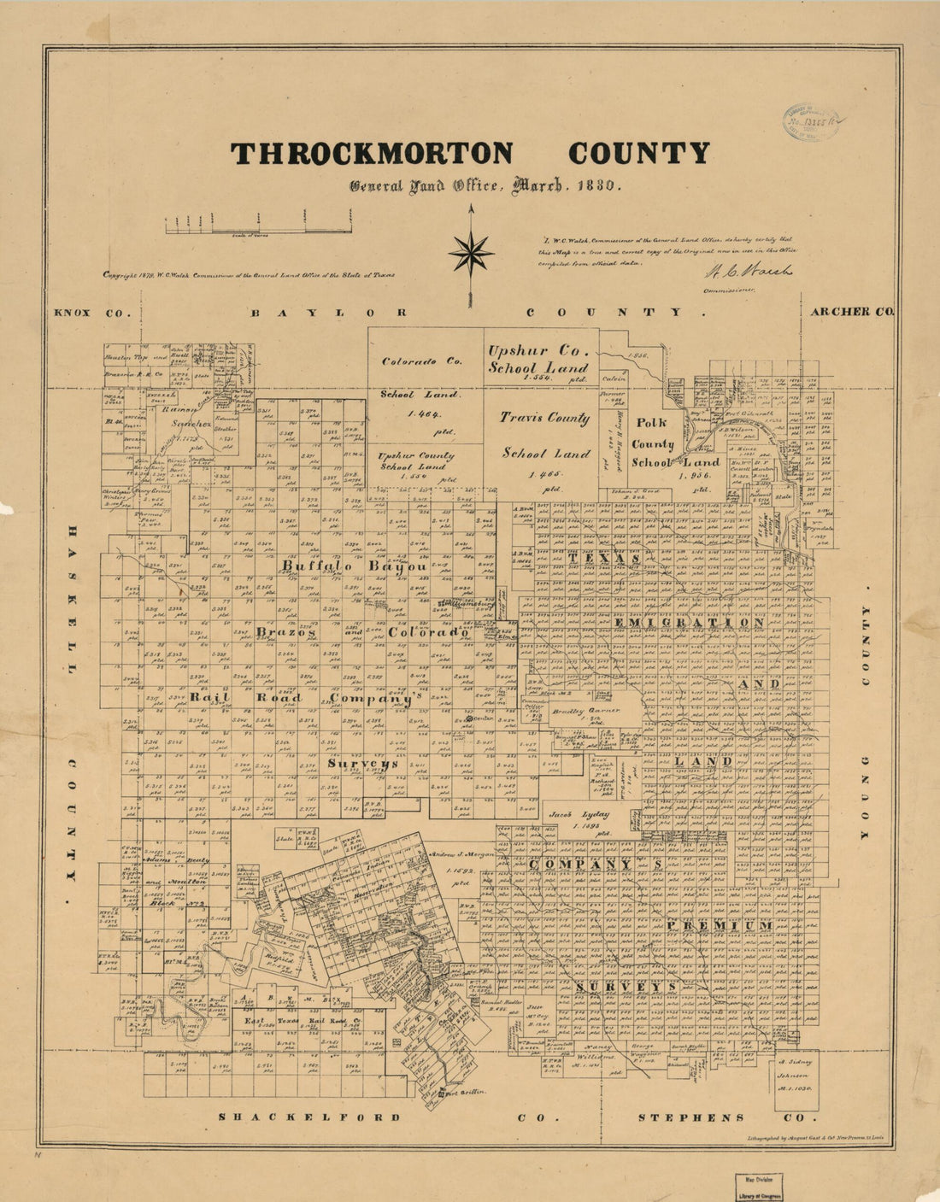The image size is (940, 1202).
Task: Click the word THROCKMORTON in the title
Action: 372,153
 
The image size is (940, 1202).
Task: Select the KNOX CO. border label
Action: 84,313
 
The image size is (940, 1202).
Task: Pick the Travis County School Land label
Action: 545,436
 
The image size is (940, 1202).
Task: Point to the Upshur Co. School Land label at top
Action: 538,359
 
